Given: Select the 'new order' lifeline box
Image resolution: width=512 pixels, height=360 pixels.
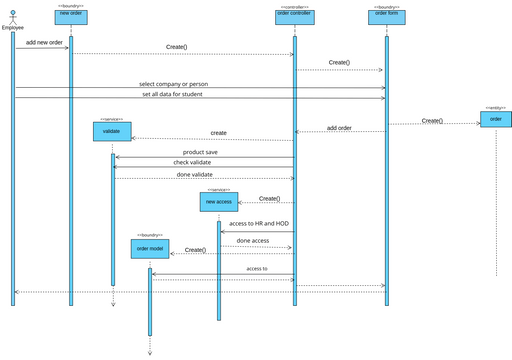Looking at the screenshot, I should (71, 14).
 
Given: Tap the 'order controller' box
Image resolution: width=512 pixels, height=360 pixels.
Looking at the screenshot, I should (293, 14).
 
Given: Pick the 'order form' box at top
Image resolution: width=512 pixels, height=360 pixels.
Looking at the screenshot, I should (386, 14).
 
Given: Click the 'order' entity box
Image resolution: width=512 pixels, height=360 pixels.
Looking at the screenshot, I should (496, 119).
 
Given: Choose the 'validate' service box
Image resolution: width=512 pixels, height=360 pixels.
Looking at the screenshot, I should (112, 131).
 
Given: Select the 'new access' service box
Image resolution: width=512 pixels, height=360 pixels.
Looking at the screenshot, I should (218, 202).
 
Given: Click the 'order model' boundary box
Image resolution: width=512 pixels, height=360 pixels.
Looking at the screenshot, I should (150, 247).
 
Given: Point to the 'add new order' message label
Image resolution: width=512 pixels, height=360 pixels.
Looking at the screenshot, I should (44, 43).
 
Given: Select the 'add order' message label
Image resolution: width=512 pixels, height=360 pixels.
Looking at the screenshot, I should (339, 127).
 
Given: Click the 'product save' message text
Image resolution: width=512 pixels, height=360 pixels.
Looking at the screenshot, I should (200, 152).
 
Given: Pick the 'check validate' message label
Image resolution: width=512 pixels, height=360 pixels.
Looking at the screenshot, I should (192, 162).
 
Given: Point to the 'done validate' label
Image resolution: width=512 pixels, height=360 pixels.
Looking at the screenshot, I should (195, 174).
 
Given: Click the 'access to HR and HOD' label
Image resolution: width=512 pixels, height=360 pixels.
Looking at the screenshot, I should (259, 223).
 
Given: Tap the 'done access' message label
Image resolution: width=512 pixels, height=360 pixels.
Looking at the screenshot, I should (252, 240).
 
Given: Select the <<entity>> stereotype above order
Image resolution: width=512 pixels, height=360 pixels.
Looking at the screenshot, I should (496, 107).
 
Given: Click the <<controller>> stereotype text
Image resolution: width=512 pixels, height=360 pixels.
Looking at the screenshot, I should (293, 6).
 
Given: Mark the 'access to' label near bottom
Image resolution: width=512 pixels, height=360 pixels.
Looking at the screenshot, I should (257, 269).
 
